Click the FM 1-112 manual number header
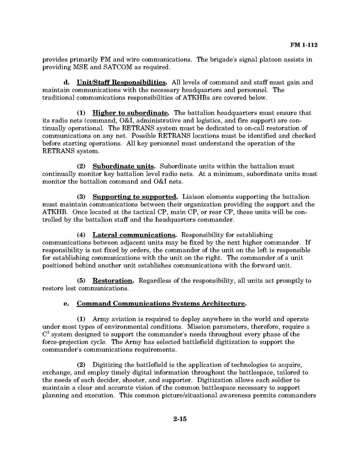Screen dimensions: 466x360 pyautogui.click(x=304, y=45)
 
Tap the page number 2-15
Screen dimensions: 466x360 pyautogui.click(x=180, y=419)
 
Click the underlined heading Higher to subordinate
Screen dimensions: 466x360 pyautogui.click(x=131, y=113)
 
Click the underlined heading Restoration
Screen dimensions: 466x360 pyautogui.click(x=113, y=280)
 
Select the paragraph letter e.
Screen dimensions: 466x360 pyautogui.click(x=66, y=303)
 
